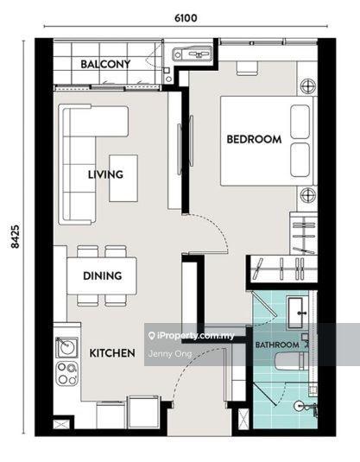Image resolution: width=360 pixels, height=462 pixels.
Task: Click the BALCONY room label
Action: coord(105,64)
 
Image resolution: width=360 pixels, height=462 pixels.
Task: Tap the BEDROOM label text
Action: coord(254,139)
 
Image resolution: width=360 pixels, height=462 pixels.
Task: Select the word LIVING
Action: coord(105,174)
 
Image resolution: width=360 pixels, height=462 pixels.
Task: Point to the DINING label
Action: coord(102,275)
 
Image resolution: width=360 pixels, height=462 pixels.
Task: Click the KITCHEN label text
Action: coord(112,353)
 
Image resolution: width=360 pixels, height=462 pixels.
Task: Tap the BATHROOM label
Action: coord(277,345)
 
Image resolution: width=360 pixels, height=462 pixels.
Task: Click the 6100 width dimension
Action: coord(186,18)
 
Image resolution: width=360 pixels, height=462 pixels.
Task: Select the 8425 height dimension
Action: coord(15,237)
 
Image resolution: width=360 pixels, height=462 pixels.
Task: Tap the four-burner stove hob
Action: coord(67,373)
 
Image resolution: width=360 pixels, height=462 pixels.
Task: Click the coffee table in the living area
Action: coord(123,178)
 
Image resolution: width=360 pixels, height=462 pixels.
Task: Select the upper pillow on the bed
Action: coord(300,122)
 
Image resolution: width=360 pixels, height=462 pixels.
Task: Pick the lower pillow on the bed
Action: coord(300,160)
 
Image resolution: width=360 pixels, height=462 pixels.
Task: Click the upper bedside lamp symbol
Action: coord(308,86)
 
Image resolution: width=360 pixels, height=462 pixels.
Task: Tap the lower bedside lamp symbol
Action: coord(308,195)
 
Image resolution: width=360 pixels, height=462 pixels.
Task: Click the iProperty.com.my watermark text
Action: coord(192,336)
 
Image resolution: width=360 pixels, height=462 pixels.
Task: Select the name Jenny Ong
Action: coord(170,353)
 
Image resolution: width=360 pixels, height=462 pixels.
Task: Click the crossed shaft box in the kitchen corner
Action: coord(61,424)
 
